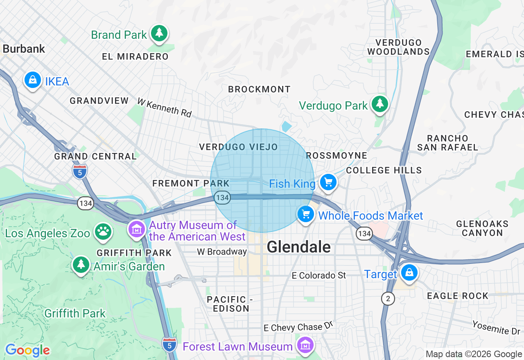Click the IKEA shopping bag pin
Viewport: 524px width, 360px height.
click(x=33, y=80)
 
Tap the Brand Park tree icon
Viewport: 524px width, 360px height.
click(x=159, y=34)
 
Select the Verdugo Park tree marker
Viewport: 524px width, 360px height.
click(x=380, y=104)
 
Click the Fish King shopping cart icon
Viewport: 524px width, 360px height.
click(x=328, y=182)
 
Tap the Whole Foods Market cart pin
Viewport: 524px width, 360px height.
click(x=305, y=214)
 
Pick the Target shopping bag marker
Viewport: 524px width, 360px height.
click(x=409, y=272)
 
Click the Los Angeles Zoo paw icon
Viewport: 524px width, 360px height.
click(x=103, y=232)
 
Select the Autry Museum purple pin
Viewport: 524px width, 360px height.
click(x=137, y=229)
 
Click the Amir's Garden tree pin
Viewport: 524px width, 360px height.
click(x=81, y=265)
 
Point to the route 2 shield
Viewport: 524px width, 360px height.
click(x=388, y=299)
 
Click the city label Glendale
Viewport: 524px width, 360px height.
click(x=298, y=247)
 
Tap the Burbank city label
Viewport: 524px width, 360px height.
click(x=24, y=49)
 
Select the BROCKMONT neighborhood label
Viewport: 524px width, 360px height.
click(x=259, y=89)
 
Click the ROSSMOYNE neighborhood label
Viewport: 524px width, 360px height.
click(x=337, y=155)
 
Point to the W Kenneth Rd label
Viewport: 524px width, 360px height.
click(x=164, y=108)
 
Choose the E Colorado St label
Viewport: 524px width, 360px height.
click(x=319, y=275)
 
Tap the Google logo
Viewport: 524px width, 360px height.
click(x=27, y=350)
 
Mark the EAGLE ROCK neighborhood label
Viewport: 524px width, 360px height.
click(x=458, y=296)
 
